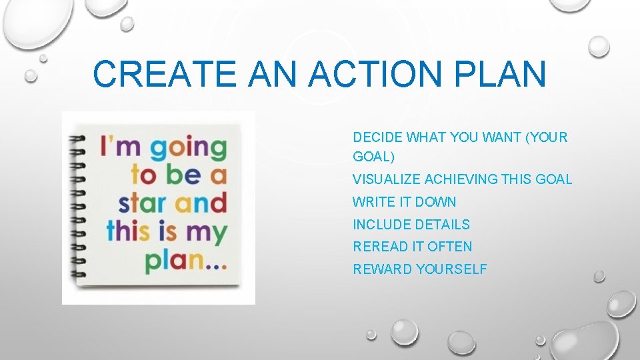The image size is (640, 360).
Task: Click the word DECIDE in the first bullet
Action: click(x=378, y=137)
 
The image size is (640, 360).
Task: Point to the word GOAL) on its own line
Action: click(x=373, y=157)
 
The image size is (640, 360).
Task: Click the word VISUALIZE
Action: click(x=387, y=179)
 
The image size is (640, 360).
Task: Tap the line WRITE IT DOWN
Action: click(x=404, y=202)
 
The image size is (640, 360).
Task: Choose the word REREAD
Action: click(x=380, y=247)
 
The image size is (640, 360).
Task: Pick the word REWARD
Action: click(x=382, y=269)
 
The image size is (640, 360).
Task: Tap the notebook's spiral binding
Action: click(x=79, y=207)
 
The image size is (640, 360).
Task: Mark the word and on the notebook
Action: click(x=200, y=202)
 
